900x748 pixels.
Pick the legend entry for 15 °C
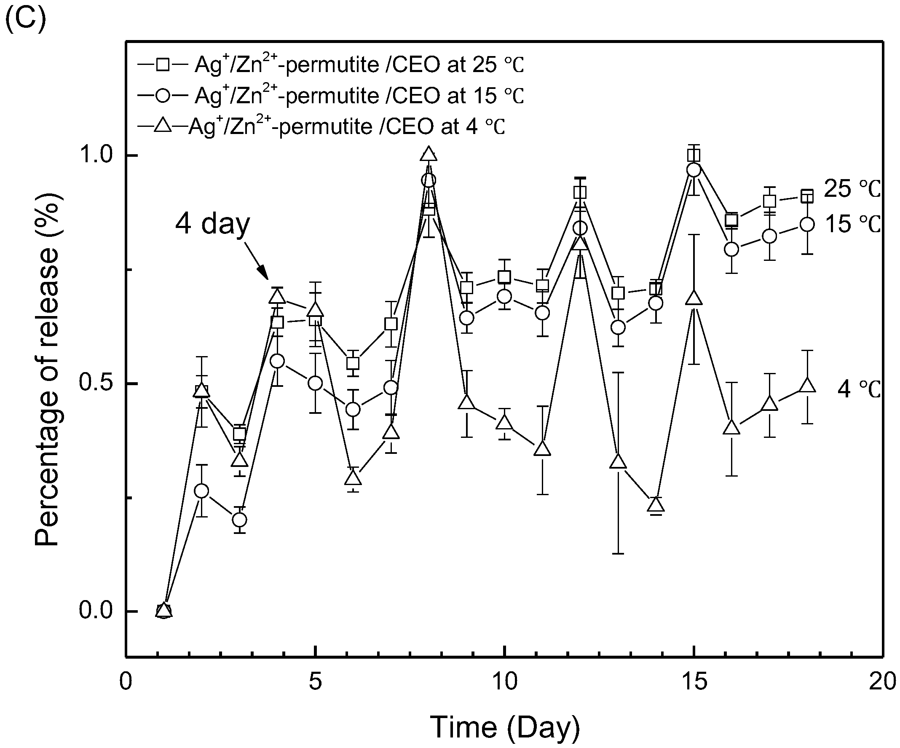coord(330,95)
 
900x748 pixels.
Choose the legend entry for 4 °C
coord(321,126)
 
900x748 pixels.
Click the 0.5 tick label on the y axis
coord(96,383)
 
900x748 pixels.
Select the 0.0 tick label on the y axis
coord(96,611)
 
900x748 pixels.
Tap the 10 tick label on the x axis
coord(505,681)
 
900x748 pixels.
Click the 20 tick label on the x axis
coord(882,681)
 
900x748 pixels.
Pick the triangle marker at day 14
coord(656,505)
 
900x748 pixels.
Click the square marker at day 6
coord(353,363)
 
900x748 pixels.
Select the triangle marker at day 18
coord(807,385)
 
